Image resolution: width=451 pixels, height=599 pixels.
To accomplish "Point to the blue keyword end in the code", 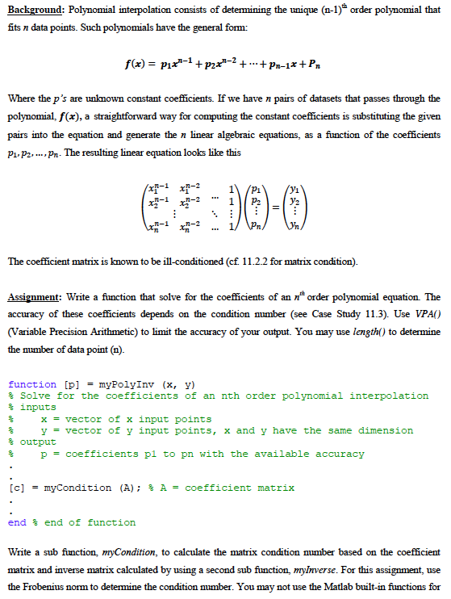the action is (x=16, y=522).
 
